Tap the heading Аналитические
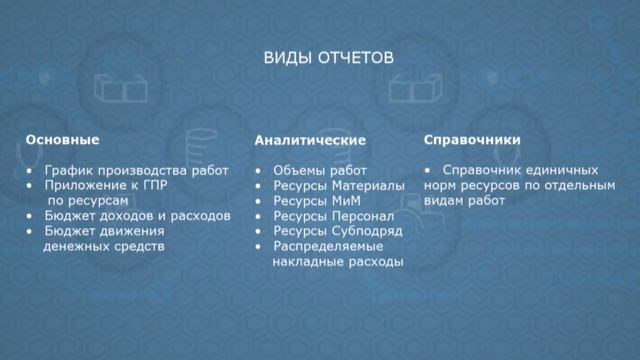pos(310,141)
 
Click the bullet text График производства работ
pos(136,170)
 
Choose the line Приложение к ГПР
pos(105,185)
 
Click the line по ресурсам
pos(88,200)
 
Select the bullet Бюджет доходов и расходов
pos(138,215)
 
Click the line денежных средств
pos(103,245)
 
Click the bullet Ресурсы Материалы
pos(338,186)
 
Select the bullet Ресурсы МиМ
pos(316,201)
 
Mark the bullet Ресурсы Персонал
pos(333,216)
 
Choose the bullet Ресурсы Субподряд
pos(337,231)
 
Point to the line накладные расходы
pos(337,262)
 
